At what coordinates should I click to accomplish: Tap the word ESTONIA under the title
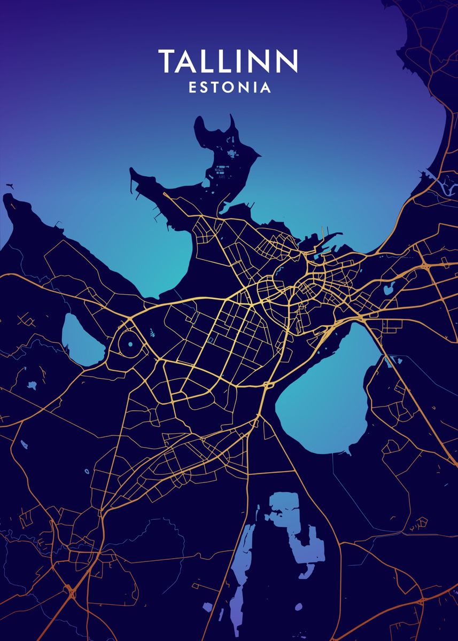(230, 88)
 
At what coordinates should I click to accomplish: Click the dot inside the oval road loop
(130, 345)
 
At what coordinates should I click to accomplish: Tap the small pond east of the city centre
(389, 290)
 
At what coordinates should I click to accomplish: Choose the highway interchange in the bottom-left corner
(70, 590)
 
